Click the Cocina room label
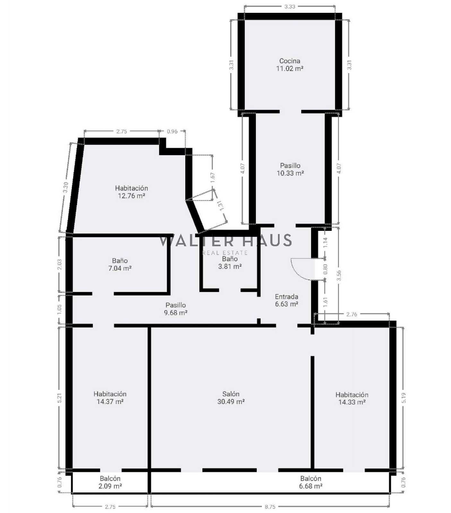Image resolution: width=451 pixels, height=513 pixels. pos(290,61)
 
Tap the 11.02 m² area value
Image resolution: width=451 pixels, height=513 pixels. pos(290,69)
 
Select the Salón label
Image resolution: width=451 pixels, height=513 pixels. pos(231,394)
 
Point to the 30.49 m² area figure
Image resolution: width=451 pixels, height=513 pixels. pos(231,402)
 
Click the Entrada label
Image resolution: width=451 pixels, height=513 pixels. pos(286,297)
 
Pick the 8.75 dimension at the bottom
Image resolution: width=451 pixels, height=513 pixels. pos(270,507)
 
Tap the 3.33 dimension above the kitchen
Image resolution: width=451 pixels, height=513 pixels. pos(290,6)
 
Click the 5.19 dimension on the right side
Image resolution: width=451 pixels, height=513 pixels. pos(404,398)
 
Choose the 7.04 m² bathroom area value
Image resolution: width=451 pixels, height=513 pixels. pos(120,268)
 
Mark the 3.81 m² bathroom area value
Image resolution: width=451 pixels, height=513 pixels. pos(230,266)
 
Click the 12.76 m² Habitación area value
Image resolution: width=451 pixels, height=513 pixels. pos(131,196)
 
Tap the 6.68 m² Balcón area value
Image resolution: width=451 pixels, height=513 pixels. pos(311,486)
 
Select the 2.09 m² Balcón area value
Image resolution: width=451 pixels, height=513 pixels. pos(110,486)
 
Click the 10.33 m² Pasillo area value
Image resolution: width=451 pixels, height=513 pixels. pos(290,173)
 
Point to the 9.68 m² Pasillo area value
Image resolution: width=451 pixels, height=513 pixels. pos(176,313)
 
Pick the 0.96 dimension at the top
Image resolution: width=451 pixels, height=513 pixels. pos(172,131)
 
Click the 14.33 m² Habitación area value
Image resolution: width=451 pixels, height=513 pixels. pos(352,402)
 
